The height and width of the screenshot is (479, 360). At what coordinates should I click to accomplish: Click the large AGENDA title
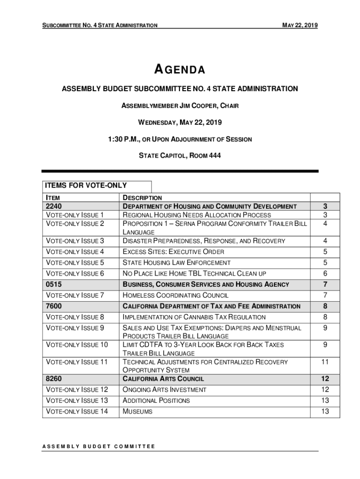(x=180, y=70)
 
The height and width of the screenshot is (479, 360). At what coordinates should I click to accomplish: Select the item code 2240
(x=54, y=206)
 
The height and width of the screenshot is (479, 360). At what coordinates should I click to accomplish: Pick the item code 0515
(x=54, y=284)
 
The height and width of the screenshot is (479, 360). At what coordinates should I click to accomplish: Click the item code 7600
(x=54, y=306)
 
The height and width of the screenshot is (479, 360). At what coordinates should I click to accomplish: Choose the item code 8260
(x=54, y=379)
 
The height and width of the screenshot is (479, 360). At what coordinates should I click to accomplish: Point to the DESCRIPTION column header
(x=142, y=198)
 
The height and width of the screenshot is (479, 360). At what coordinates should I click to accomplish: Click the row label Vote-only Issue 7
(x=74, y=296)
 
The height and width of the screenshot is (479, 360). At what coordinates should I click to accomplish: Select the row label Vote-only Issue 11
(x=76, y=362)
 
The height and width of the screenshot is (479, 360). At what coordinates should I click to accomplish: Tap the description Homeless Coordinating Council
(x=175, y=296)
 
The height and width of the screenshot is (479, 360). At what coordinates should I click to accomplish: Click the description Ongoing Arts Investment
(x=164, y=390)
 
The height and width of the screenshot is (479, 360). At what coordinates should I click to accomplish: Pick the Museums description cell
(x=137, y=412)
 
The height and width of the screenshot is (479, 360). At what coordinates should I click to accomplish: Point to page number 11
(x=325, y=362)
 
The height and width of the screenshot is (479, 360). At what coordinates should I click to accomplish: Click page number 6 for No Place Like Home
(x=325, y=274)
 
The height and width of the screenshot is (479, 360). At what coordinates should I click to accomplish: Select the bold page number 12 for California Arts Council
(x=325, y=379)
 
